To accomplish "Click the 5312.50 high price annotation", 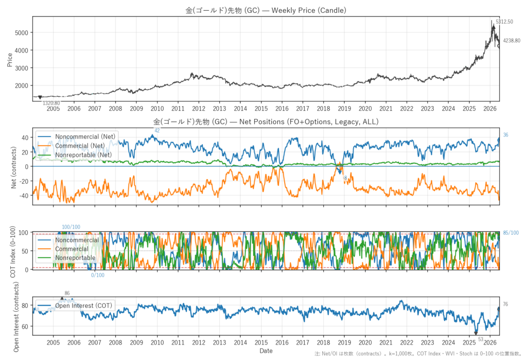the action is (504, 22).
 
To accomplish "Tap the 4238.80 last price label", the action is (512, 41).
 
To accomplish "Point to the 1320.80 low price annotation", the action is (51, 104).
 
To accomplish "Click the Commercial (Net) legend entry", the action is (80, 146).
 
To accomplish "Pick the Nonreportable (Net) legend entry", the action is (83, 155).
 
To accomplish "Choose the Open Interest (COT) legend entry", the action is (83, 305).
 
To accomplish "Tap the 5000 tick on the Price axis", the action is (22, 32).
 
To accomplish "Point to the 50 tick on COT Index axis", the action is (25, 251).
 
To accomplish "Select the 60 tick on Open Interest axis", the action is (25, 327).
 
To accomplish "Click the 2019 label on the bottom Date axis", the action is (344, 342).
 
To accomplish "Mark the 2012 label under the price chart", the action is (199, 108).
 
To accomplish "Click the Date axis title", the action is (266, 351).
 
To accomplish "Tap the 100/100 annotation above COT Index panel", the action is (71, 227).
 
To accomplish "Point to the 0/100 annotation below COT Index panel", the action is (98, 275).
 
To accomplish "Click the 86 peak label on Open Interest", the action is (67, 294).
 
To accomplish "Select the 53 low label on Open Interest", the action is (481, 339).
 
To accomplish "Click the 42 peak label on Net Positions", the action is (157, 130).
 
